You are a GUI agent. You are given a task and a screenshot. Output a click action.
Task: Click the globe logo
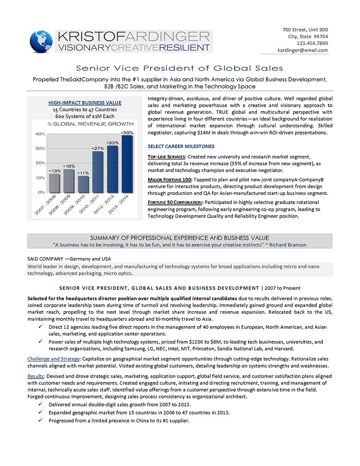click(41, 41)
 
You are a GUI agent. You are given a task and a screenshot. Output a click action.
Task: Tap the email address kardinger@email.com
click(302, 50)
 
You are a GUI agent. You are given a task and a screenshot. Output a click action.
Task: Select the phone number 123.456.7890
click(312, 43)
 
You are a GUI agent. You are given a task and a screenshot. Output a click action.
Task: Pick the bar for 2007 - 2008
click(54, 182)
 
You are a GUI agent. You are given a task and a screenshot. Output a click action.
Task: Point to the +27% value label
click(98, 148)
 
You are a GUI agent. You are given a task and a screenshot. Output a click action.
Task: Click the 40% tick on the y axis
click(40, 134)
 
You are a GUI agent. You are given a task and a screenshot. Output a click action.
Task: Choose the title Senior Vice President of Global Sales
click(180, 68)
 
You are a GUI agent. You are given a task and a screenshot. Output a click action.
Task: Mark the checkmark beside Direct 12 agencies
click(41, 326)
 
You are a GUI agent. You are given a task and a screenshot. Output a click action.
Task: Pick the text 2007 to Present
click(281, 288)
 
